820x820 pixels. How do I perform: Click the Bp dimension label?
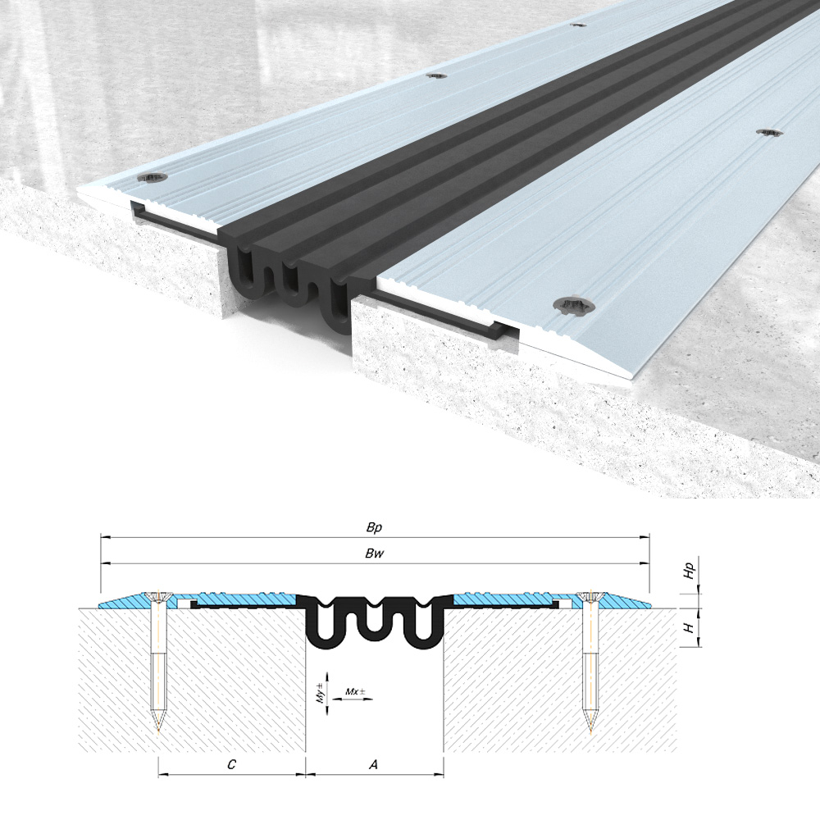click(x=374, y=527)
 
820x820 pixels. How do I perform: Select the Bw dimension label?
click(x=375, y=553)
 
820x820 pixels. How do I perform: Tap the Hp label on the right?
click(x=690, y=571)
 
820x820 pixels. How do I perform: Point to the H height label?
click(x=690, y=627)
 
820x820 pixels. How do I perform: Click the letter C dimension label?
click(x=231, y=764)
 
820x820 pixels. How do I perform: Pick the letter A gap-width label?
click(x=373, y=764)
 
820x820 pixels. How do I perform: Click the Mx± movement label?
click(x=356, y=691)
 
